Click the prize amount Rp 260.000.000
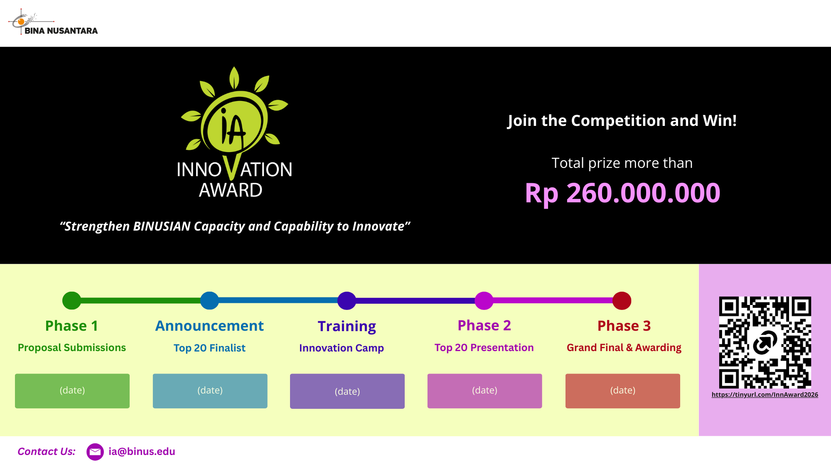click(622, 194)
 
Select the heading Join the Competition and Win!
click(622, 121)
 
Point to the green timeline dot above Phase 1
click(71, 300)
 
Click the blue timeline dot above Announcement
click(209, 300)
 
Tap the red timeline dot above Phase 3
click(622, 300)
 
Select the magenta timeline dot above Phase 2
click(484, 300)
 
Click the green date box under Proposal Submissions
click(72, 391)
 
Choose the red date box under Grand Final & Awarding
click(623, 391)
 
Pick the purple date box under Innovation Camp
click(347, 391)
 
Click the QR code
click(765, 342)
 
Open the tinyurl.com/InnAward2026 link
click(765, 395)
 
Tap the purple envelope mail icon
click(95, 452)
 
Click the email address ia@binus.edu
click(142, 452)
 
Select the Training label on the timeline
click(347, 327)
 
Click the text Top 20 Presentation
click(484, 348)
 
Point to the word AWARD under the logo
click(231, 190)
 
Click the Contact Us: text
click(47, 452)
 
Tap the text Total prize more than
click(622, 163)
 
